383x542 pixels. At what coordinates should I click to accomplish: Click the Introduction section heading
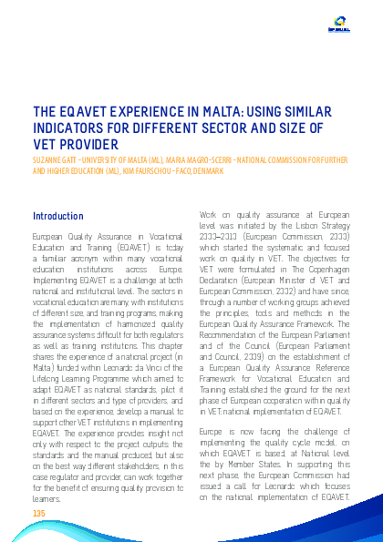click(x=58, y=217)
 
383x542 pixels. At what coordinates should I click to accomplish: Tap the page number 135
click(x=39, y=515)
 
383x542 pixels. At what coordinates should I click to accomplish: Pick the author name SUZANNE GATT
click(x=54, y=160)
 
